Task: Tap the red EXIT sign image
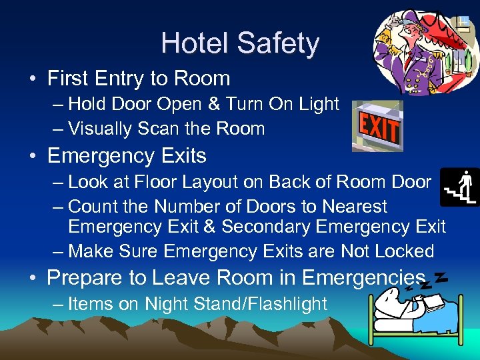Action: click(x=378, y=127)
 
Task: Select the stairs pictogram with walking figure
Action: click(x=461, y=187)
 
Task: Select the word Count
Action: click(x=93, y=207)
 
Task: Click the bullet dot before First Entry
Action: click(x=32, y=79)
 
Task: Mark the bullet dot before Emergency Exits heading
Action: click(x=32, y=157)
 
